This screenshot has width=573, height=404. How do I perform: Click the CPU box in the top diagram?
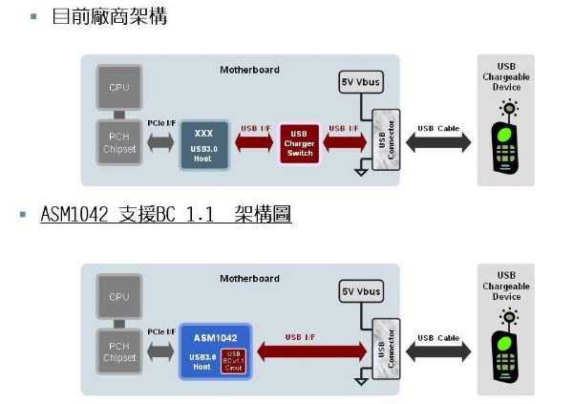point(119,88)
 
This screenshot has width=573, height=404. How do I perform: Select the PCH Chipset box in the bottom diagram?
point(119,351)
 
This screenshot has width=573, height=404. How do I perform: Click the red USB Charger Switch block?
point(300,144)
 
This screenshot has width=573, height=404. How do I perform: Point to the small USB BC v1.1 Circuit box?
point(234,361)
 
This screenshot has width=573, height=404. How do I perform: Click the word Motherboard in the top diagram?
point(250,71)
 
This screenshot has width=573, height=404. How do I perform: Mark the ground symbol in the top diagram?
point(359,171)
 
